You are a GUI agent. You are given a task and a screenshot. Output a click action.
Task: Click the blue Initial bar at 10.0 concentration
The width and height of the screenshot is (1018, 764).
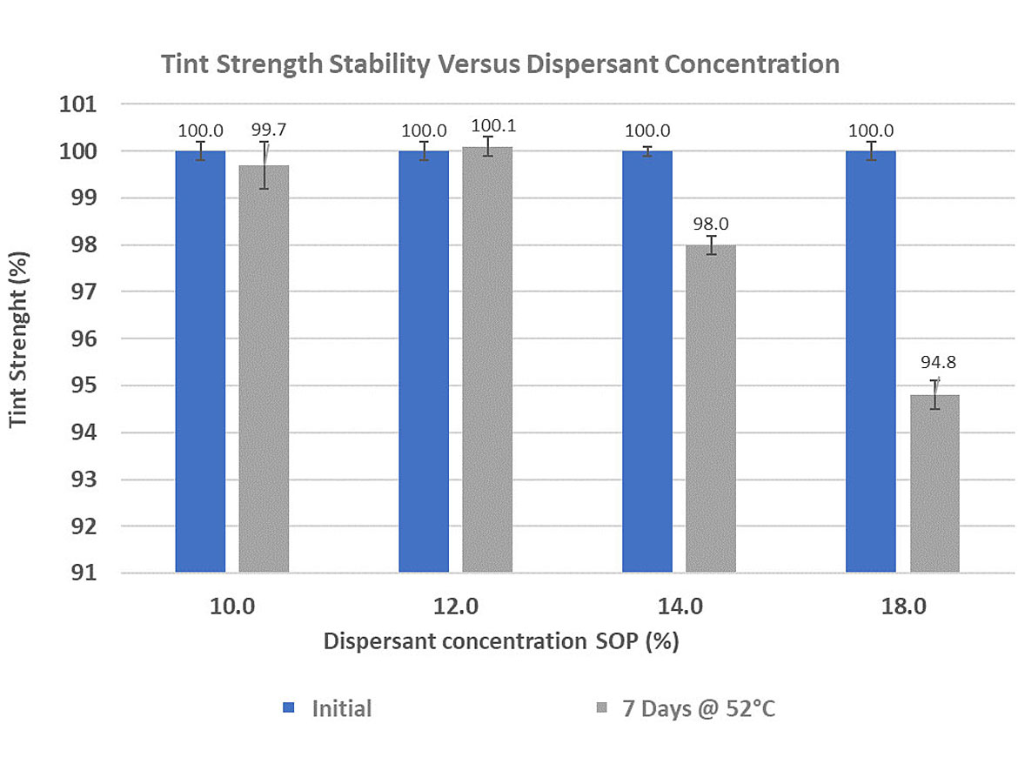[200, 361]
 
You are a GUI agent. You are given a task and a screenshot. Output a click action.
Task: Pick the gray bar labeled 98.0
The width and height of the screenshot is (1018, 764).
[711, 409]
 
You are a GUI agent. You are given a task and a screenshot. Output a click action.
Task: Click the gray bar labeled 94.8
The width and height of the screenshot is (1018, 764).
[934, 484]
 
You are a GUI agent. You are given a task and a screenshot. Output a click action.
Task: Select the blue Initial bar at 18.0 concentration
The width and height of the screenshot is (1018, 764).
[871, 361]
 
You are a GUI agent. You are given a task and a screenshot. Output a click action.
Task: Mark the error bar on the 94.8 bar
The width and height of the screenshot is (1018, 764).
[934, 394]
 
